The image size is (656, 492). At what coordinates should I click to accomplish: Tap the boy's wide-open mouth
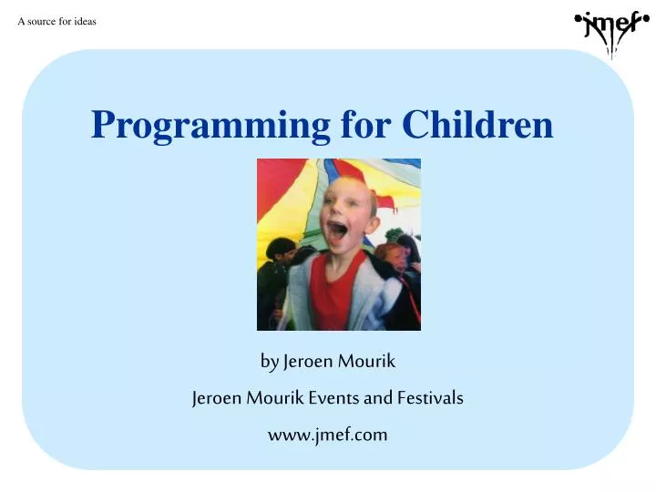click(x=337, y=230)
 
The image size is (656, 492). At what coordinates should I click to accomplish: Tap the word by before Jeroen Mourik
click(x=270, y=362)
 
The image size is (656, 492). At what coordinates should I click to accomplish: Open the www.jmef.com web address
click(x=328, y=435)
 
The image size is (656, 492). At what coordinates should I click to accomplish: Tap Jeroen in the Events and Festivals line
click(x=215, y=398)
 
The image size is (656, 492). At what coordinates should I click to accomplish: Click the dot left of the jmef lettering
click(x=578, y=17)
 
